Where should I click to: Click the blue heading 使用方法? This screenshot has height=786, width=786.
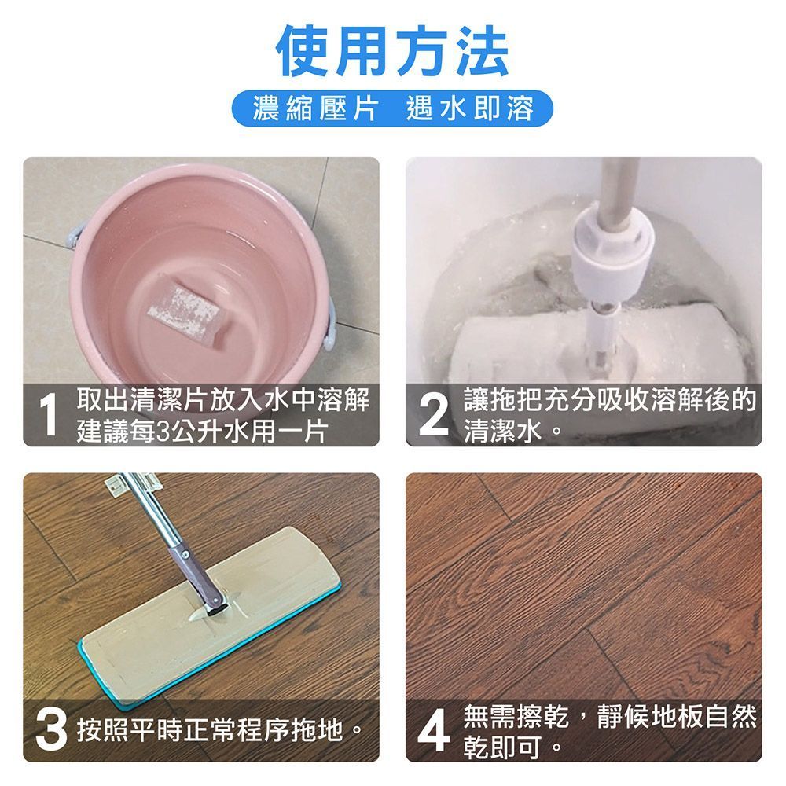(392, 52)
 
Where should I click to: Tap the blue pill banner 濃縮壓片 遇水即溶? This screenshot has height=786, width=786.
(392, 108)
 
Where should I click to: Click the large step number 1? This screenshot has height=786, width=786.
(49, 414)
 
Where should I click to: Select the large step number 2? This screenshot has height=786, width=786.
(433, 414)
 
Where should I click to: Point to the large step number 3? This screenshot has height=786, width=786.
(51, 730)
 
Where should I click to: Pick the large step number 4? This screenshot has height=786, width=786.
(434, 730)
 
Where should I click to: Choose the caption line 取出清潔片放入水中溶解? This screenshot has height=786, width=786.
(223, 399)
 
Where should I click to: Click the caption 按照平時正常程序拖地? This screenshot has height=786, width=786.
(216, 730)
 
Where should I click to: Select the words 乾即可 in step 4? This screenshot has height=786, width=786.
(503, 747)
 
